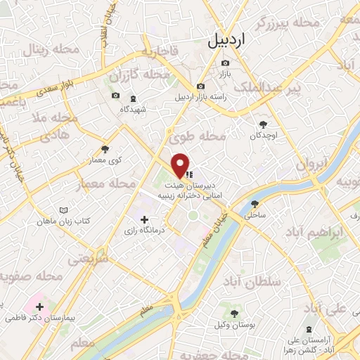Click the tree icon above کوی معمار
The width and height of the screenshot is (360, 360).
point(105,149)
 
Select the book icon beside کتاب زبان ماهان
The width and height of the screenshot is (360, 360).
point(65,210)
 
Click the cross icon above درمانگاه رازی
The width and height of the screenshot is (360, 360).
point(145,219)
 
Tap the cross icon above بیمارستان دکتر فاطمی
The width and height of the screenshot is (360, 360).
point(40,307)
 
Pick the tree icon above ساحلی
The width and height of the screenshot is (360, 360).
point(255,205)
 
